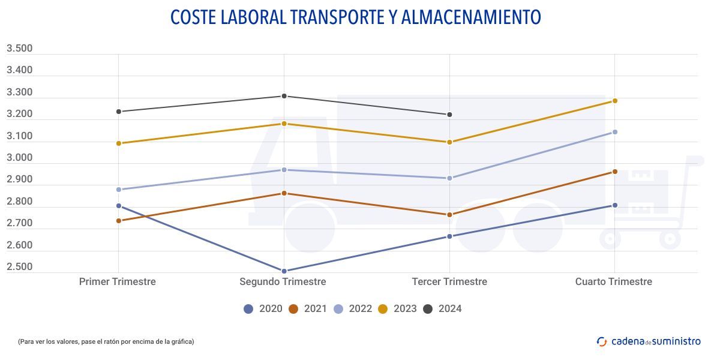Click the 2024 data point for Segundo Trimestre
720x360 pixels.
tap(284, 96)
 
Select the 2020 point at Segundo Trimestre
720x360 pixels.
tap(284, 271)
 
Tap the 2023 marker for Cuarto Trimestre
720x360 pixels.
tap(615, 101)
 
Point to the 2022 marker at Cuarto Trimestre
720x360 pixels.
tap(615, 132)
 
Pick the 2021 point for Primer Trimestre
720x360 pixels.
tap(119, 221)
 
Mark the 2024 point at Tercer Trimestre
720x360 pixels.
tap(449, 115)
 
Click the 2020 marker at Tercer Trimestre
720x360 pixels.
tap(449, 236)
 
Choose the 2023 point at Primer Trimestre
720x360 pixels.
tap(119, 143)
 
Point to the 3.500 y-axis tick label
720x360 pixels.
tap(19, 49)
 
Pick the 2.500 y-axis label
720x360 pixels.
tap(19, 267)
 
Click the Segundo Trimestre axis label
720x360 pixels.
tap(283, 281)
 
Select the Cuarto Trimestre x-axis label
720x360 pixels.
tap(613, 281)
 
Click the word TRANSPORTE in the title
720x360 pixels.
tap(332, 17)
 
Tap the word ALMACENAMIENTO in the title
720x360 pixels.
tap(471, 17)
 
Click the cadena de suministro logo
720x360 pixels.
tap(649, 341)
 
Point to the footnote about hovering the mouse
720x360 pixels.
tap(106, 341)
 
